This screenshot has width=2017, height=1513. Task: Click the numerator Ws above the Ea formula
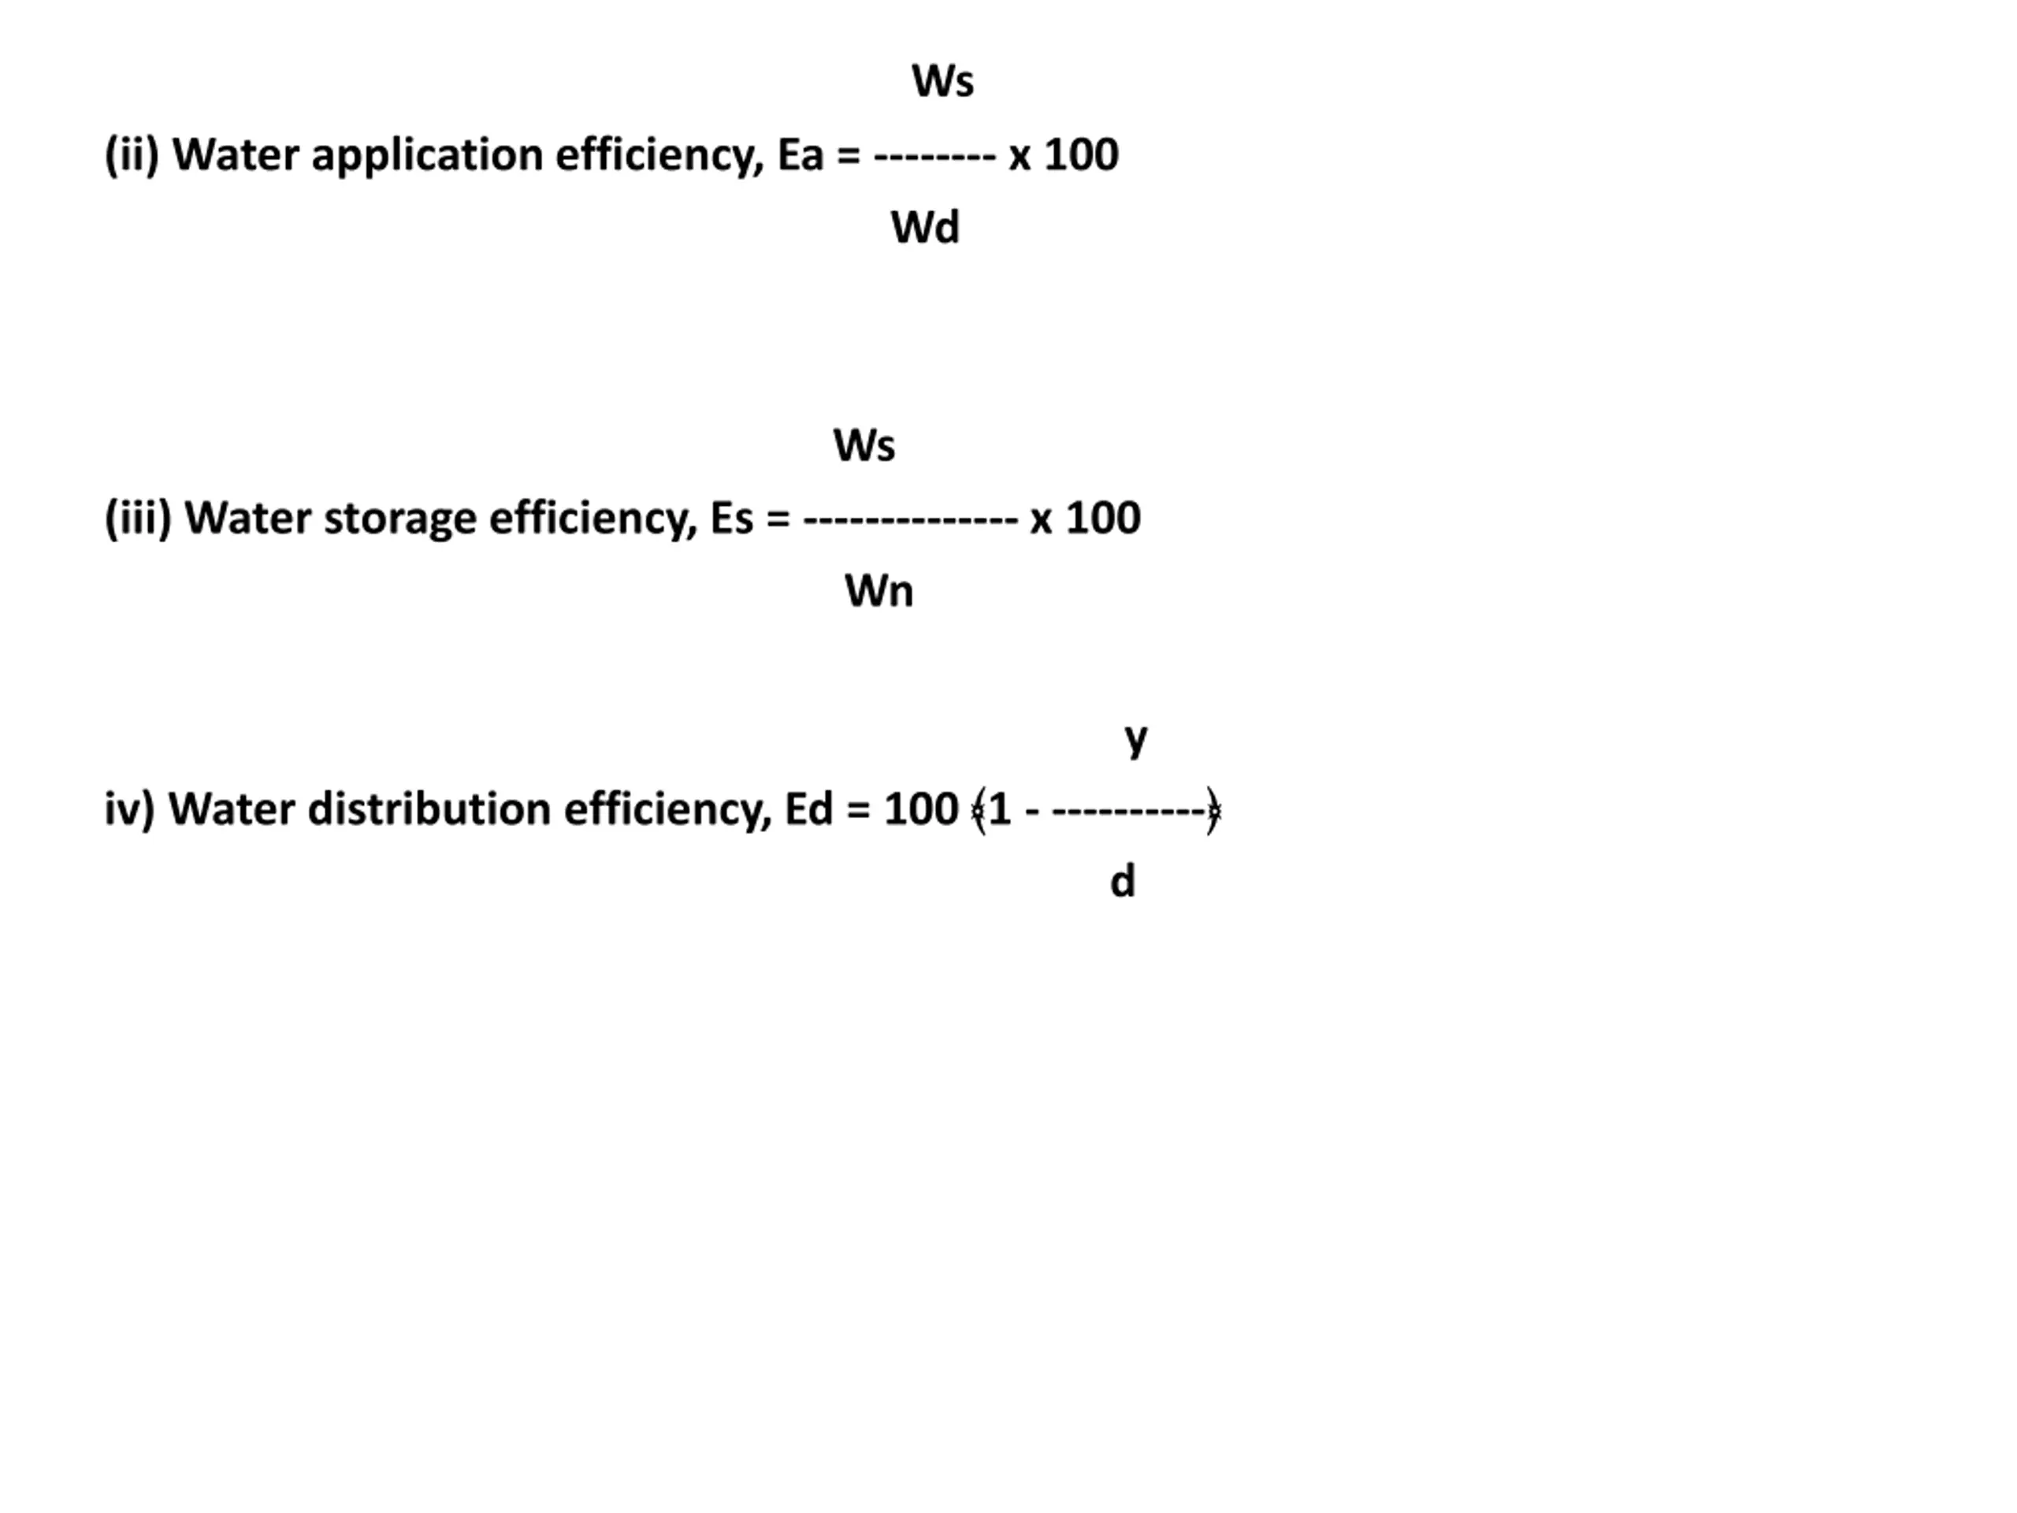(x=943, y=81)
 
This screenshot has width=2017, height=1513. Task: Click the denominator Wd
(x=925, y=227)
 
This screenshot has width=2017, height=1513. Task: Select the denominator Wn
(x=878, y=591)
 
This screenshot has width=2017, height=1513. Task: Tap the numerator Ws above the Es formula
(x=864, y=446)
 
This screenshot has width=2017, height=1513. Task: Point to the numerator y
(x=1135, y=738)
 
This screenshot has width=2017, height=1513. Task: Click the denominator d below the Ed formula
(x=1123, y=882)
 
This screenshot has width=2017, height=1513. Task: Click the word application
(x=428, y=156)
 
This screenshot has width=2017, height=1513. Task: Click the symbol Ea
(x=800, y=155)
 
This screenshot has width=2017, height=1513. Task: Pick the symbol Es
(x=731, y=519)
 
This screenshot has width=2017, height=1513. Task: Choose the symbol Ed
(x=808, y=810)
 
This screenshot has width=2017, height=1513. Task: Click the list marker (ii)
(x=132, y=155)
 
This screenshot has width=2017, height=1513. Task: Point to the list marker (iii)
(x=138, y=519)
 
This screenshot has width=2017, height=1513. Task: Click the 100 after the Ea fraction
(x=1080, y=155)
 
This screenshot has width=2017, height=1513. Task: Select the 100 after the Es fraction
(x=1102, y=519)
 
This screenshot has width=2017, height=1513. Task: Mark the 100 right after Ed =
(x=921, y=810)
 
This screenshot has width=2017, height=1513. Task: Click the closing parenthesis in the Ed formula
(x=1213, y=810)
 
